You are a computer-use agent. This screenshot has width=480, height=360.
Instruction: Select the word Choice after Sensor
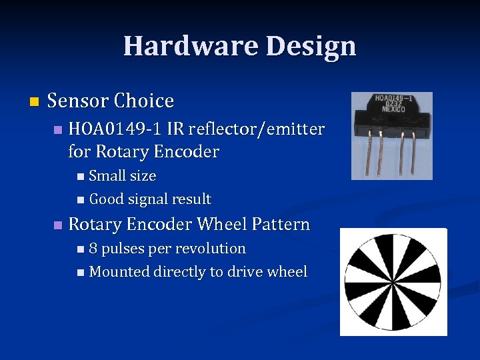click(143, 101)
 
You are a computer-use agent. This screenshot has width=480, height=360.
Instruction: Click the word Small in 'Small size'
click(107, 176)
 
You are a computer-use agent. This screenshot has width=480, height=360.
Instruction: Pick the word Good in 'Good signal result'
click(105, 199)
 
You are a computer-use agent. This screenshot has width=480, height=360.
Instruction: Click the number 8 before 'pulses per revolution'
click(93, 249)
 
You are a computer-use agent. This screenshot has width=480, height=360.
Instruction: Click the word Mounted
click(119, 272)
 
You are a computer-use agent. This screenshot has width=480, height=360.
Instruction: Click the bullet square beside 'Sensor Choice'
click(35, 102)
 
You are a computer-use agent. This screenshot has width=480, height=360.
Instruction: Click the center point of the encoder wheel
click(393, 281)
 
